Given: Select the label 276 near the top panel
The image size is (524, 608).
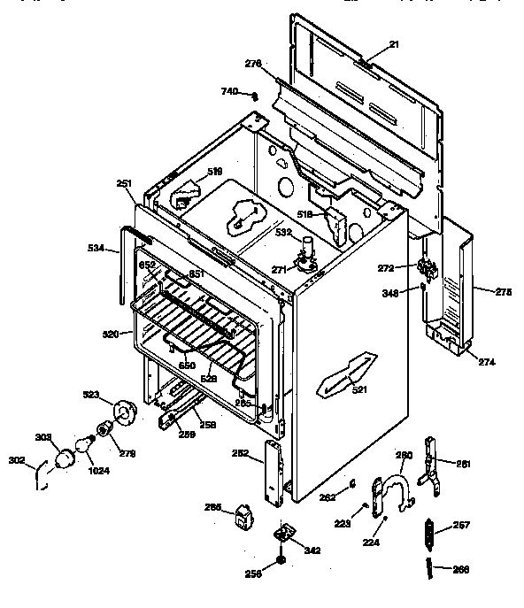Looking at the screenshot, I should (252, 63).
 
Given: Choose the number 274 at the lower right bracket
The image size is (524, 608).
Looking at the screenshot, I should (487, 362).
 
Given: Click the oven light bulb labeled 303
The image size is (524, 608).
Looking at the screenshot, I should (65, 458).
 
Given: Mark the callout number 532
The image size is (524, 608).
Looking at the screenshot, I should (283, 232).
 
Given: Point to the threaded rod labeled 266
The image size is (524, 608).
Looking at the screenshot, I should (432, 569).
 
